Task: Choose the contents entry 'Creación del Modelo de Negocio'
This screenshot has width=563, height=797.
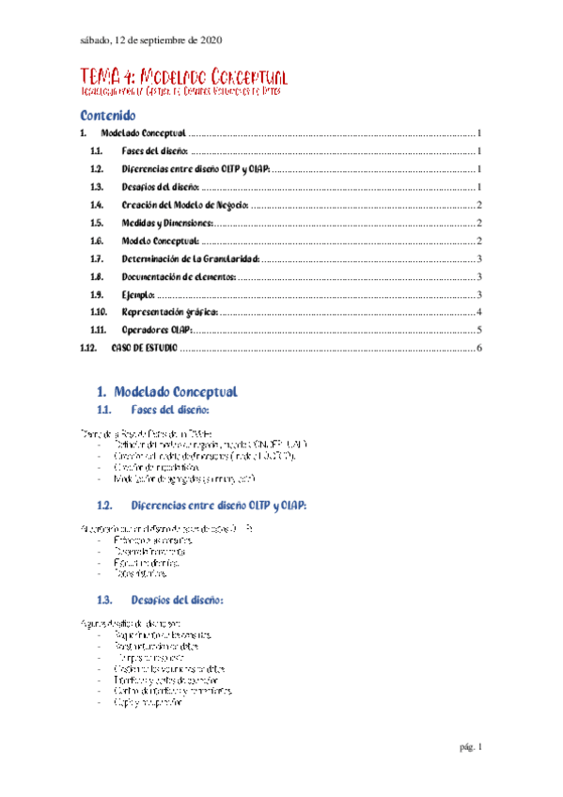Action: coord(185,205)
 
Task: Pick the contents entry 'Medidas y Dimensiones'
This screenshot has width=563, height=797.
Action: coord(168,223)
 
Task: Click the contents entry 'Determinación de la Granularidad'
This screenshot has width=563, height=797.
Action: coord(190,258)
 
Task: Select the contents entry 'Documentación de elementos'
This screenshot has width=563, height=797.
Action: coord(179,276)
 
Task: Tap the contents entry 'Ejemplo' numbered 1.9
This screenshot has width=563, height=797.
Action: coord(138,294)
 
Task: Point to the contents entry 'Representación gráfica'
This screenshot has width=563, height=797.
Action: coord(171,312)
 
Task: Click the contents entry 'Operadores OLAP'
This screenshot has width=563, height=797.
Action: coord(157,330)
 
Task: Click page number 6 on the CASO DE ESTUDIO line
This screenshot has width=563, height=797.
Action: coord(479,349)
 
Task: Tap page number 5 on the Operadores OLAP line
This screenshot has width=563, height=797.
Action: coord(479,330)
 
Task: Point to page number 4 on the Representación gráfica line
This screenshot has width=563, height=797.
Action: coord(479,312)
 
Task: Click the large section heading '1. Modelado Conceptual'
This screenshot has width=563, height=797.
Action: coord(167,391)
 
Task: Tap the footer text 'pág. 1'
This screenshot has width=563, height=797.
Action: coord(470,747)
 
